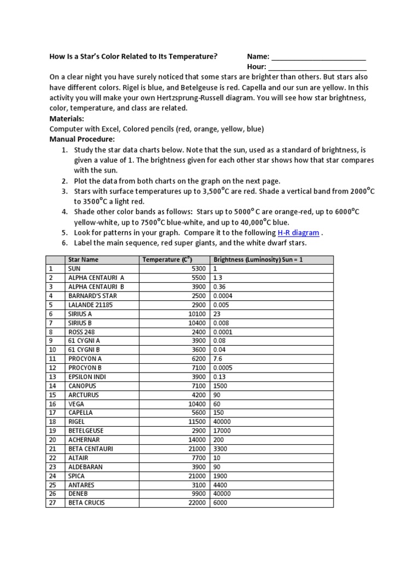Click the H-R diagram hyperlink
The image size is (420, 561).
(x=298, y=233)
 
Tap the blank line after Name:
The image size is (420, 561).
(x=318, y=57)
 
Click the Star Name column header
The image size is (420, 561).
(x=83, y=260)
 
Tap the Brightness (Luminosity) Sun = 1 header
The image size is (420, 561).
(x=258, y=260)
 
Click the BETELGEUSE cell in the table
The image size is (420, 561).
(x=86, y=431)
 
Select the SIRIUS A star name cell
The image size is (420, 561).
(x=80, y=314)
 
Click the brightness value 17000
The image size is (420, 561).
(x=223, y=431)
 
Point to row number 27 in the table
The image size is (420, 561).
(x=53, y=502)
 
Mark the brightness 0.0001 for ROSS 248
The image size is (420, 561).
(x=223, y=331)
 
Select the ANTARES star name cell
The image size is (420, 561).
(x=81, y=485)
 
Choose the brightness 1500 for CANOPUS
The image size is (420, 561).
(x=220, y=386)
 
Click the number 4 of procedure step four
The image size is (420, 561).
(x=64, y=212)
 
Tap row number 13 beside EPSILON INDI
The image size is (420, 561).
(x=53, y=377)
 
